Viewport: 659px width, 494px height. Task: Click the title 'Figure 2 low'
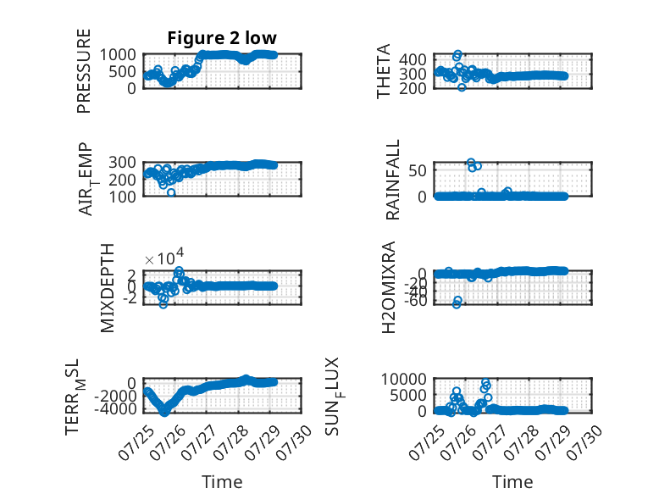coord(222,38)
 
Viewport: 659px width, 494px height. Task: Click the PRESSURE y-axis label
coord(84,70)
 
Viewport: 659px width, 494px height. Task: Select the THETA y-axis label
coord(384,70)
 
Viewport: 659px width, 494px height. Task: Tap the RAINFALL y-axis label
coord(392,180)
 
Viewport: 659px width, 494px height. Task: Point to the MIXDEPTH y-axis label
coord(108,287)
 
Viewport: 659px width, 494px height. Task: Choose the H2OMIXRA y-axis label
coord(389,287)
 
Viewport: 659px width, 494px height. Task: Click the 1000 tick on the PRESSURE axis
coord(118,54)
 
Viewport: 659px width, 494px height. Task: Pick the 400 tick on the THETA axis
coord(413,59)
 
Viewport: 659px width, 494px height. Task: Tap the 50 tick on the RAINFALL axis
coord(418,170)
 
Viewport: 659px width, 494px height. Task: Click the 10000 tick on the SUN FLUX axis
coord(404,380)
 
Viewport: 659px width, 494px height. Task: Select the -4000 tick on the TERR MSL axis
coord(114,408)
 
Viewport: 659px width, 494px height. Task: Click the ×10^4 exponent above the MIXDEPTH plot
coord(164,257)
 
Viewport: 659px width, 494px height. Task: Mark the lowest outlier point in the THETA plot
coord(462,87)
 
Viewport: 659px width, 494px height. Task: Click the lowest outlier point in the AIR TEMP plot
coord(171,192)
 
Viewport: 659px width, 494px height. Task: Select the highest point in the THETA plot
coord(457,54)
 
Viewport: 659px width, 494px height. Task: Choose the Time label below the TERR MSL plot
coord(222,482)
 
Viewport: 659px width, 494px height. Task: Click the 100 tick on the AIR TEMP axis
coord(122,197)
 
